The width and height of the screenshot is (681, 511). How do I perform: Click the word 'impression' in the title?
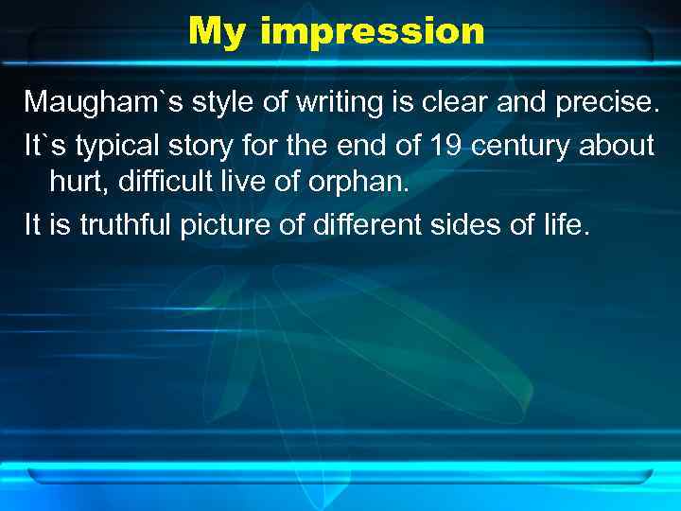click(372, 31)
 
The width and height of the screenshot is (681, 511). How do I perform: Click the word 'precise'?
click(605, 101)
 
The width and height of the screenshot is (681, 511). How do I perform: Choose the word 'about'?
click(618, 146)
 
